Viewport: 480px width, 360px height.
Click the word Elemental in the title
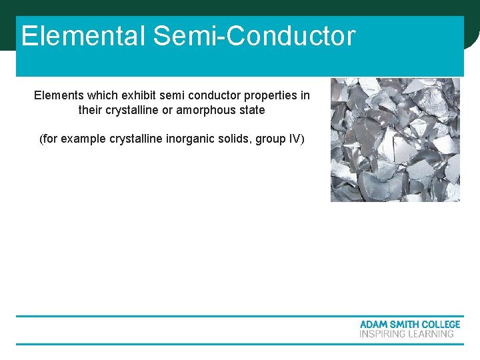(x=83, y=36)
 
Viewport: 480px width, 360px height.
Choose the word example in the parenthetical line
(x=83, y=139)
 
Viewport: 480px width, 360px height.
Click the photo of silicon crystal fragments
(x=395, y=140)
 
